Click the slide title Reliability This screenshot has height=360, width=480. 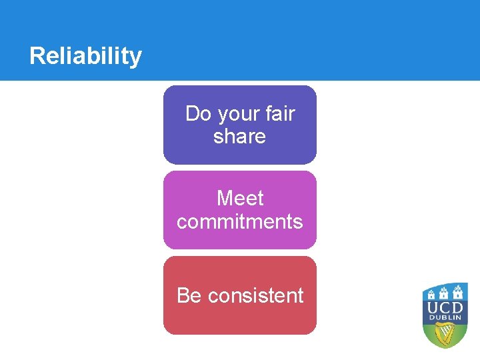tap(85, 56)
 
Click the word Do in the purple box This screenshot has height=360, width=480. tap(197, 114)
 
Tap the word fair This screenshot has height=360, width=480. tap(280, 114)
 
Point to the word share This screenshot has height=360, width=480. tap(239, 137)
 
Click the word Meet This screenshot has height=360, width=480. tap(240, 199)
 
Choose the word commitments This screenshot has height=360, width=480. tap(240, 221)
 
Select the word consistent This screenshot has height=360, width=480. tap(255, 295)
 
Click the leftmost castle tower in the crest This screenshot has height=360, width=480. tap(431, 293)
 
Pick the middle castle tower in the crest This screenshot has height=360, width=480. tap(445, 291)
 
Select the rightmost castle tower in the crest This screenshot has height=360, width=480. tap(459, 293)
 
